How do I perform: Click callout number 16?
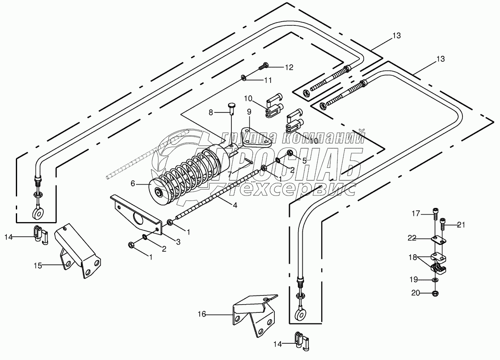202,315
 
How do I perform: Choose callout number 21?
460,225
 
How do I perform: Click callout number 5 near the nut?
304,160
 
